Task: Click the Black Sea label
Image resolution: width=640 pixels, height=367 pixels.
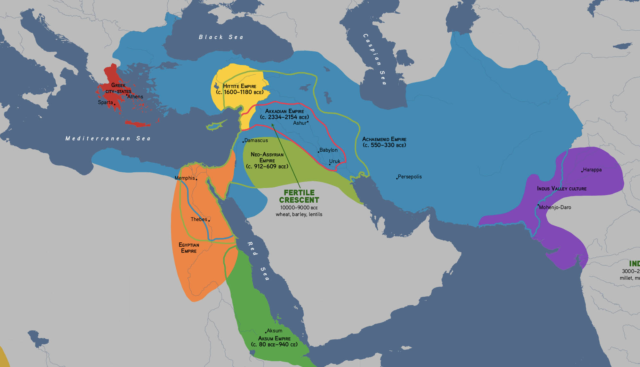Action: (x=221, y=37)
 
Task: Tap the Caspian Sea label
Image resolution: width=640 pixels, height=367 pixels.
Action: (x=375, y=59)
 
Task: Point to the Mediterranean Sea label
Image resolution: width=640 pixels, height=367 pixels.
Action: (x=108, y=138)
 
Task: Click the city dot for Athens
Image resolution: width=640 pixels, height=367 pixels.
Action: (x=127, y=95)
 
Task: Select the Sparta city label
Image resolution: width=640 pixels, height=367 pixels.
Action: (x=105, y=102)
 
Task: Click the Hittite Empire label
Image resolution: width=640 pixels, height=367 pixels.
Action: (x=240, y=89)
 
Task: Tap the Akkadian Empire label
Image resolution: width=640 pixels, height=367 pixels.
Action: (x=284, y=114)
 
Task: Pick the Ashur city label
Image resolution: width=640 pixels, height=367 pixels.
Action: (x=300, y=123)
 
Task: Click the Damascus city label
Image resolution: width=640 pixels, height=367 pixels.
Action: (x=256, y=140)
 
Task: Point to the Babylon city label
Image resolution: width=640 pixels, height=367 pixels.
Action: (x=328, y=150)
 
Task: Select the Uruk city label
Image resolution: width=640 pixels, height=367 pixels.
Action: (x=335, y=161)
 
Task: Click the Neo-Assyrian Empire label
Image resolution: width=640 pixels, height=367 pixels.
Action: (x=267, y=160)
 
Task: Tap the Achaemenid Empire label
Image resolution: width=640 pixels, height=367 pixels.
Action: (x=384, y=142)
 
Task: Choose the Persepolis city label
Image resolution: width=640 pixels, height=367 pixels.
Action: (x=410, y=176)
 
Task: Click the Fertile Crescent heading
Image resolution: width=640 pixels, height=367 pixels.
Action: (x=299, y=196)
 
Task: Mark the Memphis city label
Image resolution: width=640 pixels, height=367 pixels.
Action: (x=185, y=178)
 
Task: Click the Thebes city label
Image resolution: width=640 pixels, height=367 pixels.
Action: (x=199, y=219)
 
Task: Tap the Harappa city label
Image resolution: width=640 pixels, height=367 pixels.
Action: (x=592, y=170)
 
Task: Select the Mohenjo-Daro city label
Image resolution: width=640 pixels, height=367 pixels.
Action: (x=555, y=207)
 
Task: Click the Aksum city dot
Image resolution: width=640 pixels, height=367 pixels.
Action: (x=266, y=332)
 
